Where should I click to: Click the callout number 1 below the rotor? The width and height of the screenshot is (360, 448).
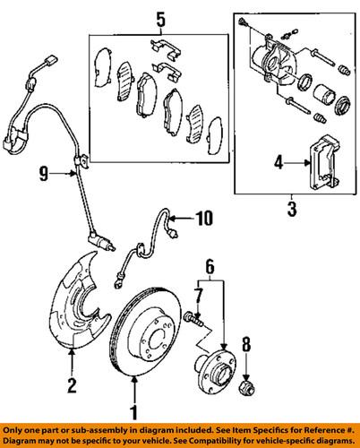(135, 413)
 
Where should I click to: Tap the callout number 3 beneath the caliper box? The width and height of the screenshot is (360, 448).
(291, 212)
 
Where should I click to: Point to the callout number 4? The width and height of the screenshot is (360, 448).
(279, 163)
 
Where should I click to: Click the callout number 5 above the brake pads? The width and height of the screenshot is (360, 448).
(159, 17)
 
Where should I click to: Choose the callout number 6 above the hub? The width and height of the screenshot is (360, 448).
(210, 267)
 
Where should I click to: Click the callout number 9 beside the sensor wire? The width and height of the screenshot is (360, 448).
(54, 176)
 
